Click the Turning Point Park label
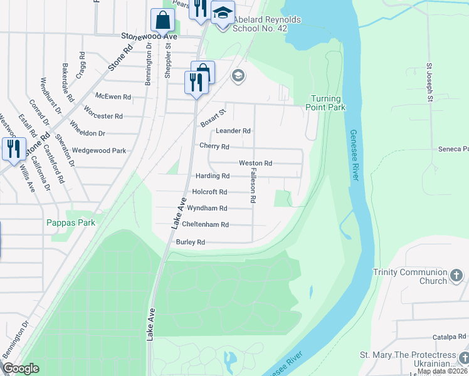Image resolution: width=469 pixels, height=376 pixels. (x=325, y=103)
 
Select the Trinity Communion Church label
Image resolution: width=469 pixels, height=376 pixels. (x=418, y=276)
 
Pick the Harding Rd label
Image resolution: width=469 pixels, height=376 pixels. (x=213, y=176)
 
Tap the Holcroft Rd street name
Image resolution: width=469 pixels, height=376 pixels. (x=209, y=192)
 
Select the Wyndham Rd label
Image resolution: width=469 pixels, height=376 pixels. (x=207, y=208)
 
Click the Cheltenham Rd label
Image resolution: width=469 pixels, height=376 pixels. (x=206, y=224)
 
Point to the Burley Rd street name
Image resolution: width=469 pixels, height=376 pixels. (x=191, y=242)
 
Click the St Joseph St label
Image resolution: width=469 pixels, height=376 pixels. (x=430, y=81)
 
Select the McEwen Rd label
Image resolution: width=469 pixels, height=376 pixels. (x=113, y=97)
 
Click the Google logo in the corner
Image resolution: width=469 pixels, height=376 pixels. (x=21, y=368)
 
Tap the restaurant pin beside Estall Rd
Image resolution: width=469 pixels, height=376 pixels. (x=12, y=149)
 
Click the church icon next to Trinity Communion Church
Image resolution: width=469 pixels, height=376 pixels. (x=456, y=276)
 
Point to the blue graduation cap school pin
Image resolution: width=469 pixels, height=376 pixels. (x=222, y=12)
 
